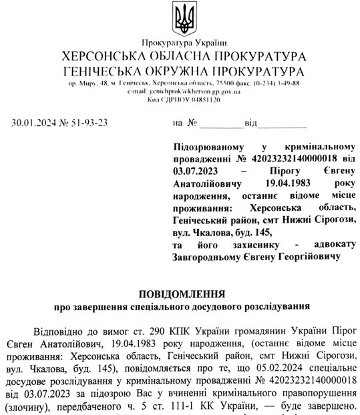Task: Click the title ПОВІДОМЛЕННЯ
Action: tap(182, 294)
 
